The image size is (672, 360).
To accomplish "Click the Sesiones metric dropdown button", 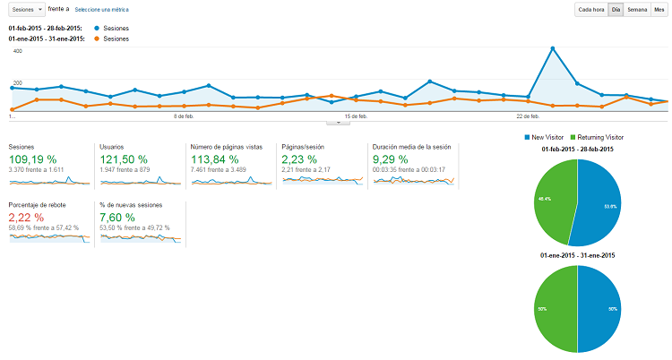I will pos(26,9).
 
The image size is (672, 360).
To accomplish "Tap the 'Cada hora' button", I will pos(590,10).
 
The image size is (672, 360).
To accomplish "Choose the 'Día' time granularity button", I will pos(615,10).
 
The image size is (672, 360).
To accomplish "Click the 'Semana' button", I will pos(637,10).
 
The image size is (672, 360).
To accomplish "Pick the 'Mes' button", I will pos(659,10).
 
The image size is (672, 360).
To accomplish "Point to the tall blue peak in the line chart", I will pos(556,48).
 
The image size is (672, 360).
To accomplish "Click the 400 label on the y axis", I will pos(17,51).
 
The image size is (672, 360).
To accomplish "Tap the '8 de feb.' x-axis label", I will pos(183,116).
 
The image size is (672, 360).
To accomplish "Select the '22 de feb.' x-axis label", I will pos(528,116).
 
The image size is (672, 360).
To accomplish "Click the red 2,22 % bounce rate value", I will pos(26,217).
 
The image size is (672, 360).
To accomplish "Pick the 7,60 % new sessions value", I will pos(117,217).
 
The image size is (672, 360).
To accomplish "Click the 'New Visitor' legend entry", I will pos(547,137).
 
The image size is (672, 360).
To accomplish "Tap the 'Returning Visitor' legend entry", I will pos(600,137).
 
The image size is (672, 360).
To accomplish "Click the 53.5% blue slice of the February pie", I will pos(600,201).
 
